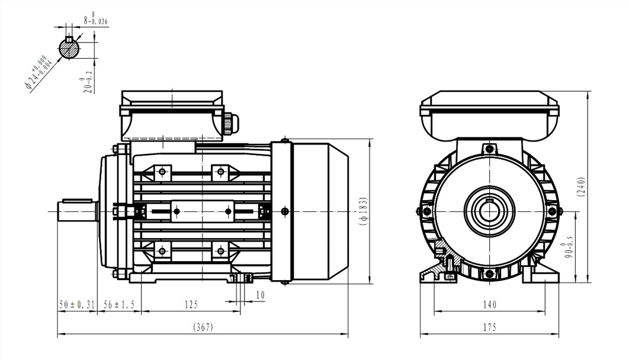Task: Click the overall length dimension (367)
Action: tap(203, 327)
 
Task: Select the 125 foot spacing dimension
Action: tap(191, 305)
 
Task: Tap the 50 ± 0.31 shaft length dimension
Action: tap(77, 305)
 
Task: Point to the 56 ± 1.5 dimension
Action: tap(119, 305)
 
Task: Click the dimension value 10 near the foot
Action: tap(260, 295)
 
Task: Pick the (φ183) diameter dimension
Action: tap(364, 211)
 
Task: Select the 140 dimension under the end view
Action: tap(489, 305)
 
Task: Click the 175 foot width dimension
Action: tap(489, 327)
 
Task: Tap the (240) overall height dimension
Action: tap(581, 187)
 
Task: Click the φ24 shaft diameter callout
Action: tap(38, 72)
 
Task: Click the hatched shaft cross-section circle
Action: tap(70, 49)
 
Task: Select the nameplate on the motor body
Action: tap(203, 211)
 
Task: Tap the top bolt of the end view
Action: tap(489, 149)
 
